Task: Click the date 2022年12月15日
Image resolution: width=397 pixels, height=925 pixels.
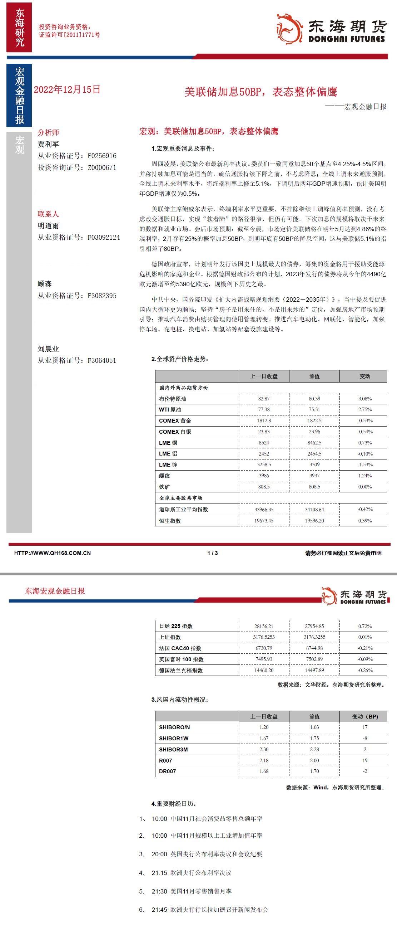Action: pyautogui.click(x=67, y=89)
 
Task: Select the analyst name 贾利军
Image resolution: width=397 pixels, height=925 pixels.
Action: pyautogui.click(x=48, y=144)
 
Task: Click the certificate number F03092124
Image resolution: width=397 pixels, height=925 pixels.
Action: pyautogui.click(x=104, y=237)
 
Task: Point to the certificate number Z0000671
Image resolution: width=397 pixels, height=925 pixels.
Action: pyautogui.click(x=102, y=167)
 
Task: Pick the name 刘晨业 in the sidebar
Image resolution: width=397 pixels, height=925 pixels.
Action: pyautogui.click(x=48, y=349)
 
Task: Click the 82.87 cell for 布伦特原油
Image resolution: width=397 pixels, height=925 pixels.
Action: pyautogui.click(x=264, y=399)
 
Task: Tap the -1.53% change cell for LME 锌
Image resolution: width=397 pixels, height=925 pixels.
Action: pyautogui.click(x=365, y=465)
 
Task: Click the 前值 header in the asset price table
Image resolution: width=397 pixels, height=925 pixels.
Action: pyautogui.click(x=314, y=376)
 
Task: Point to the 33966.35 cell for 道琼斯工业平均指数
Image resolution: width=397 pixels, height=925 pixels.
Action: pyautogui.click(x=264, y=510)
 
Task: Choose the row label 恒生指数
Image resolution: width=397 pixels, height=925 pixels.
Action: pyautogui.click(x=170, y=521)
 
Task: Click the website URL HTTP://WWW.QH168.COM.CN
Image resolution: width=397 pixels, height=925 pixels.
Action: pyautogui.click(x=53, y=553)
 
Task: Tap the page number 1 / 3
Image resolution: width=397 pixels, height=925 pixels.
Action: pyautogui.click(x=213, y=553)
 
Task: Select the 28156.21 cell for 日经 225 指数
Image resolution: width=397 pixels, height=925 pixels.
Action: pyautogui.click(x=264, y=626)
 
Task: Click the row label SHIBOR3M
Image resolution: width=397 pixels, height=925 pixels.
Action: pyautogui.click(x=174, y=749)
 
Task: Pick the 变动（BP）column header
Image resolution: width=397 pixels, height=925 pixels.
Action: pyautogui.click(x=365, y=716)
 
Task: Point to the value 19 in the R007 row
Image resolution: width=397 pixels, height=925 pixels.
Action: pyautogui.click(x=365, y=760)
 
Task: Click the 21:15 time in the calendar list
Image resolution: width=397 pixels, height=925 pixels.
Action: pyautogui.click(x=159, y=872)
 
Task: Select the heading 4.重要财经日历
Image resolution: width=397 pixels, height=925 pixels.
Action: pyautogui.click(x=174, y=804)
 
